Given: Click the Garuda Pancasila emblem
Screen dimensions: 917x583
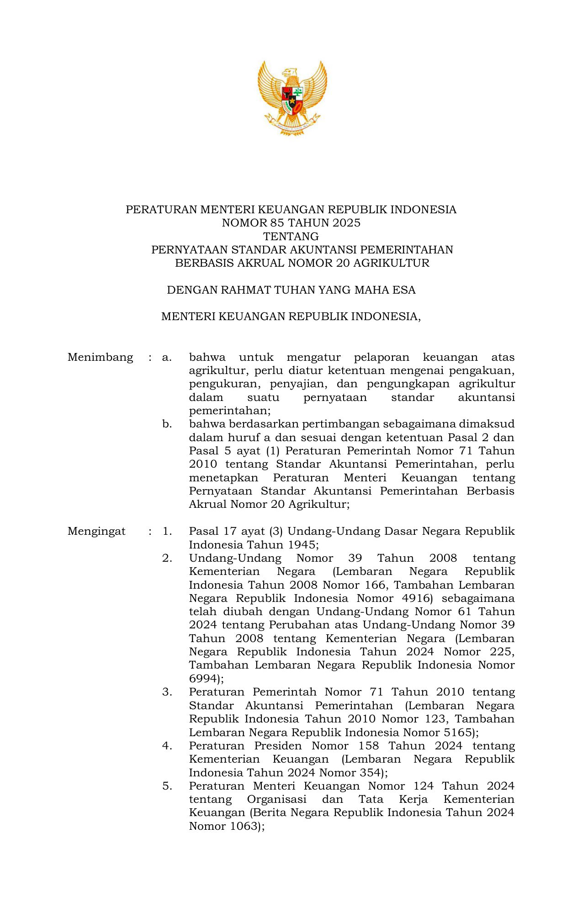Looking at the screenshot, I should coord(291,98).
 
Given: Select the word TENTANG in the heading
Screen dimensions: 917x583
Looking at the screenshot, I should coord(291,237).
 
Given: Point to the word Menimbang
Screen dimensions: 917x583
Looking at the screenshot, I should coord(100,357).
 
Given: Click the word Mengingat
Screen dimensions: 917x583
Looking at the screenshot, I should coord(96,531).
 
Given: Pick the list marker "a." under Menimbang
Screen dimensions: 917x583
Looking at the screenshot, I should coord(167,357).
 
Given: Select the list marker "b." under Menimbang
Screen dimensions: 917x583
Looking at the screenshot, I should coord(167,424).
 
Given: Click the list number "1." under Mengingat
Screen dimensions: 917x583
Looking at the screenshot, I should coord(167,531).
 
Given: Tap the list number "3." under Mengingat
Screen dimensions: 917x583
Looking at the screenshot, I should coord(167,692).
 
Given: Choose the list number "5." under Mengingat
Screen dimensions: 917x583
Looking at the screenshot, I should coord(167,786).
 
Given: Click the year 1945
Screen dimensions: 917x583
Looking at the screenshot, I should coord(302,545).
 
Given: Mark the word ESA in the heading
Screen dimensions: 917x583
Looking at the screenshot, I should coord(404,290).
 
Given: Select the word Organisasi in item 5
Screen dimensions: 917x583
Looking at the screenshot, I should coord(276,799).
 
